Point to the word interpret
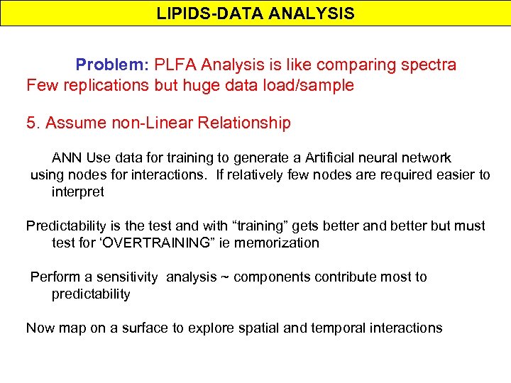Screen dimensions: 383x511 tap(77, 191)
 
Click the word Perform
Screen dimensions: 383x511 tap(53, 277)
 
